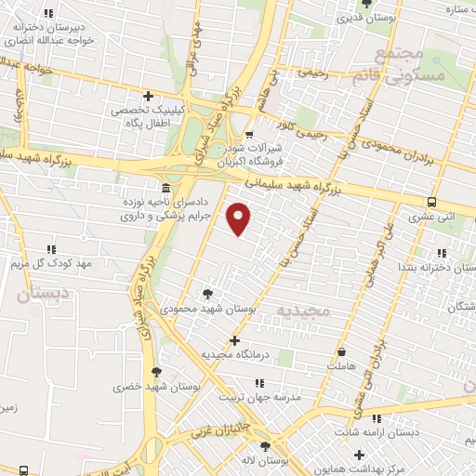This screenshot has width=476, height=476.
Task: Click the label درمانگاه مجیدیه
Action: coord(234,354)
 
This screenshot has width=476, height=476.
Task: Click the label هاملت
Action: coord(342,367)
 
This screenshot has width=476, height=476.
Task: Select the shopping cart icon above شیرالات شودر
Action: coord(248,136)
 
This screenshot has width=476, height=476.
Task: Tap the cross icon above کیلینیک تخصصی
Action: coord(148,96)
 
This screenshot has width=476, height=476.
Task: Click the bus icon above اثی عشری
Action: coord(431,202)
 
